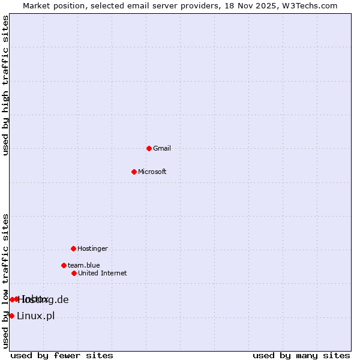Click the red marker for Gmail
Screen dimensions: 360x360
coord(149,148)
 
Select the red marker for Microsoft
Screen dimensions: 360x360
coord(134,172)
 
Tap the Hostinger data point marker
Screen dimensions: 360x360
coord(73,248)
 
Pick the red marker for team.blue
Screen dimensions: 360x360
coord(64,265)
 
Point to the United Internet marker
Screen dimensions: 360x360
coord(74,273)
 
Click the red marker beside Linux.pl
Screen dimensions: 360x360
coord(11,316)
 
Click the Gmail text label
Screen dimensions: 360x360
coord(162,148)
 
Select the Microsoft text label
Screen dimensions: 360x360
coord(152,172)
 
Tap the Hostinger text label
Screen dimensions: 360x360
coord(92,248)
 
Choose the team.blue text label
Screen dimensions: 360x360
coord(83,265)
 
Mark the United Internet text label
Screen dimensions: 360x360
coord(102,273)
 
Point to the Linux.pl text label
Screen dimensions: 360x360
coord(35,316)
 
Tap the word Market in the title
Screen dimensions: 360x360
coord(37,5)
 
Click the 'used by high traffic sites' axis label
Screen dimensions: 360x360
coord(5,85)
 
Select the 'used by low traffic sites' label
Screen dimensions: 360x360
coord(5,281)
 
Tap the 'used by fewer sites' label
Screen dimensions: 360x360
coord(62,355)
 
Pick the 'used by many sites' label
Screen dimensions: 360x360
coord(301,355)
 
